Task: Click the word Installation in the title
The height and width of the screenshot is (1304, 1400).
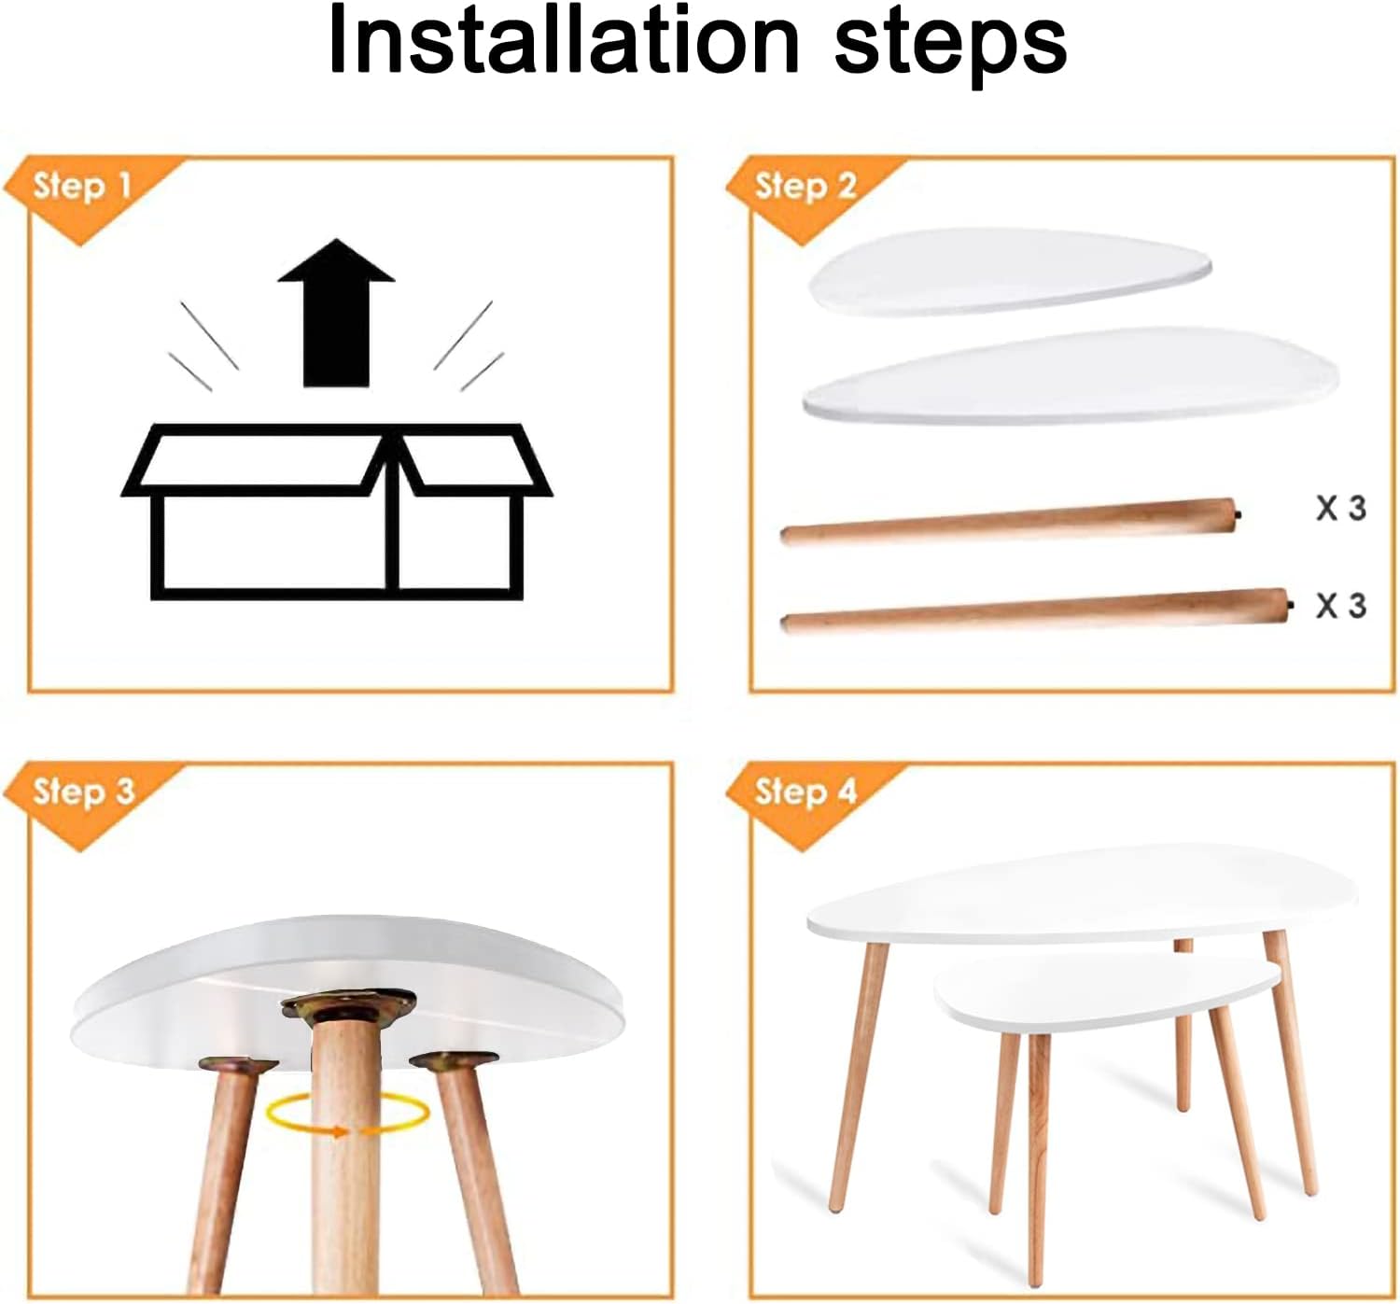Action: pos(564,40)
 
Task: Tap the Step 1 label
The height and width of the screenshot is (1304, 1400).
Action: pos(82,186)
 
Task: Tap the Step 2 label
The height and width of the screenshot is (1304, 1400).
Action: pos(805,186)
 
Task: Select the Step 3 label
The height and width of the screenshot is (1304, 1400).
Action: pos(83,792)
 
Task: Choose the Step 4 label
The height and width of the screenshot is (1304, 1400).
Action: pos(805,792)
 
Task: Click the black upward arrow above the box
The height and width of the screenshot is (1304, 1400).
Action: pos(336,313)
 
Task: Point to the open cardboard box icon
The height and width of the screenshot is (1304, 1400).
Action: pos(336,512)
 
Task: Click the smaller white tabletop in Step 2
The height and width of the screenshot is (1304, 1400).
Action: pos(1009,271)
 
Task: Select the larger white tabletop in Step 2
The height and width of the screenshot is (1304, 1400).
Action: pos(1071,376)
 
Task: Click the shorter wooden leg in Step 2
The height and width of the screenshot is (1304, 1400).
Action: pos(1010,522)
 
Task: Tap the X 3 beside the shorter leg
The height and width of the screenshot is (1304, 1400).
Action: pos(1341,508)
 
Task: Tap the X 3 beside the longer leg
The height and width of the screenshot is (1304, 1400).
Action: pos(1341,605)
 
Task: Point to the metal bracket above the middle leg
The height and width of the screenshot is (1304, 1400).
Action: pos(348,1005)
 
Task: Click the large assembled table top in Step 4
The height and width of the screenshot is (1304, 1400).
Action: pos(1082,893)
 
